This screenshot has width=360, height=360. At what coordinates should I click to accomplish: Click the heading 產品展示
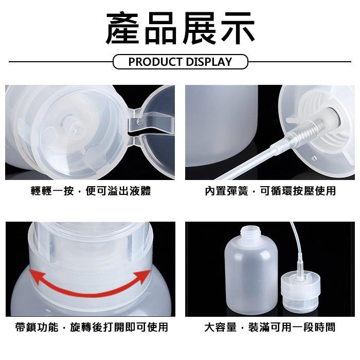180,28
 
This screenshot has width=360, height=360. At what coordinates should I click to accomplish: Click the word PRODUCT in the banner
152,62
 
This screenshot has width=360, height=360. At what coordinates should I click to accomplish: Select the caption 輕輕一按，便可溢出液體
91,191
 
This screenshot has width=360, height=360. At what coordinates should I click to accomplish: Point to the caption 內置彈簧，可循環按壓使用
270,191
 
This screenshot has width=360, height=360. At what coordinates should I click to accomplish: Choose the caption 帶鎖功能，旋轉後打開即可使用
91,327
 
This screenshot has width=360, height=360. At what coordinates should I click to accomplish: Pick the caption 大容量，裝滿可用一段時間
270,327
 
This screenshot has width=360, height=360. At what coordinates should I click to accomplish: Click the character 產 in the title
123,28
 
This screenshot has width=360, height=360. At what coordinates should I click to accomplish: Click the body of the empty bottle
251,278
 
